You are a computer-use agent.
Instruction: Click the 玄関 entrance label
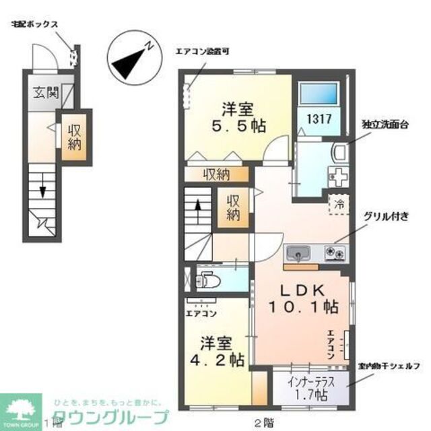(42, 93)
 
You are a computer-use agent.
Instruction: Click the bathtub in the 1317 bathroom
(319, 94)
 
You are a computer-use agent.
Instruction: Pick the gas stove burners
(334, 253)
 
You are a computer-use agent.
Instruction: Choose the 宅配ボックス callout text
(33, 25)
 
